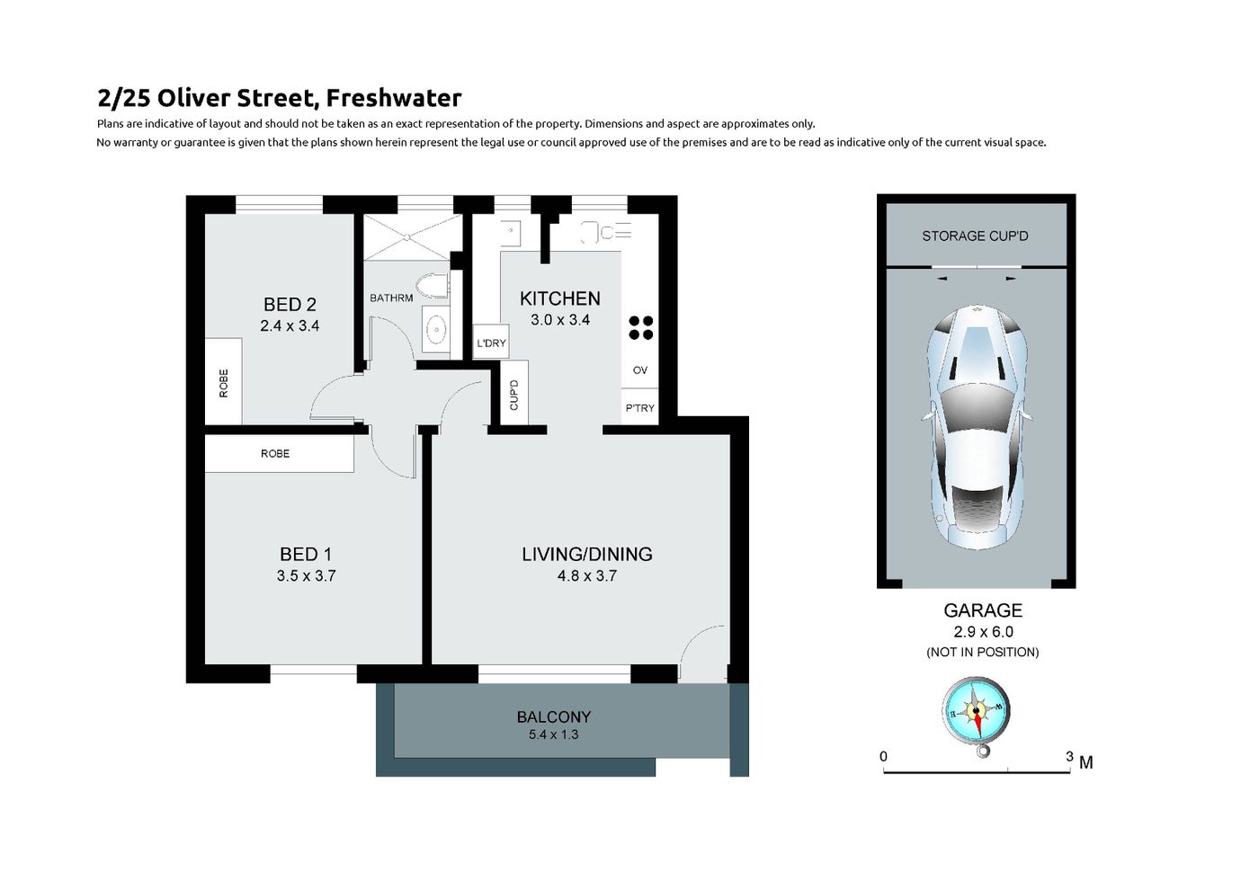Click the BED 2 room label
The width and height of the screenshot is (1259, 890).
(x=290, y=305)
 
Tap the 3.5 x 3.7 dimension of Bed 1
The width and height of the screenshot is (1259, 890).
(x=306, y=576)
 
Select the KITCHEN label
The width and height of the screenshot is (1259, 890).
(x=559, y=298)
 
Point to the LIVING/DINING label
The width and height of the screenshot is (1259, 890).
(x=586, y=555)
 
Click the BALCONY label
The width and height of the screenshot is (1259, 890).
(x=554, y=717)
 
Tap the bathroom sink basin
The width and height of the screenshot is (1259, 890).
(x=435, y=328)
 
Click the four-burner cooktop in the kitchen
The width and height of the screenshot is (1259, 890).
(x=640, y=327)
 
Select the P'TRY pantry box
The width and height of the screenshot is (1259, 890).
(x=639, y=407)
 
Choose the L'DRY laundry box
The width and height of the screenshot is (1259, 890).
(x=491, y=343)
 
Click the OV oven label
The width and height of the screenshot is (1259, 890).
(x=640, y=370)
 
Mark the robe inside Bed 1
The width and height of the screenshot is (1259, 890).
(x=279, y=453)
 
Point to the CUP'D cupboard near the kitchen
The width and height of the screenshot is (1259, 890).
(x=513, y=394)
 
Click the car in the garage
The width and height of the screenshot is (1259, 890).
(x=977, y=427)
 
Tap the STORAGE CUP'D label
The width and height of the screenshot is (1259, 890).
(x=975, y=236)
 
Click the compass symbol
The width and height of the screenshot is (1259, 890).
(x=977, y=715)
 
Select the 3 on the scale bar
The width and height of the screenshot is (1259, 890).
(x=1069, y=756)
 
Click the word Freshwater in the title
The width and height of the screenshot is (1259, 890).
(x=394, y=98)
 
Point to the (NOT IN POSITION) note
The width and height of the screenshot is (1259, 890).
(x=982, y=653)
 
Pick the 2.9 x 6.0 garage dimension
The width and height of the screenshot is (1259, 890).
(x=983, y=632)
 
